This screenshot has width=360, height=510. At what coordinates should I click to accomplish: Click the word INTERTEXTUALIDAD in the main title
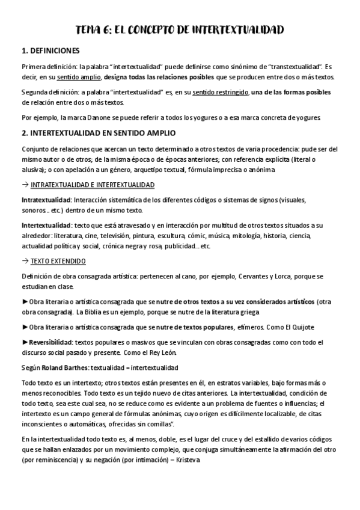click(232, 30)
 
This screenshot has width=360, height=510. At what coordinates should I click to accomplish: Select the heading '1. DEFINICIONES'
click(50, 51)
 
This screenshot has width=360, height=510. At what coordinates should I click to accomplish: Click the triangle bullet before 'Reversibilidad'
click(24, 342)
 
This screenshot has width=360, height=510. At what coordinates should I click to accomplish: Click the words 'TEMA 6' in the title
click(94, 30)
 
